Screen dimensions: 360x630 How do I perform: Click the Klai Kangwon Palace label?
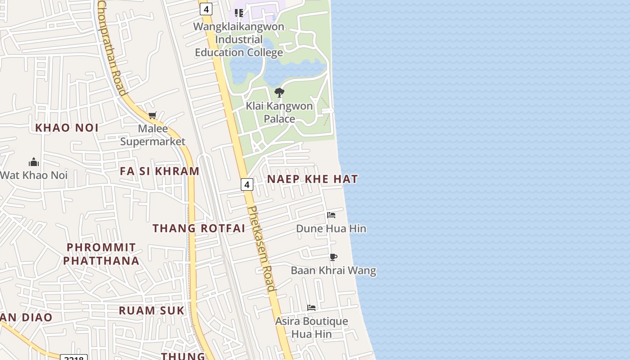(x=279, y=112)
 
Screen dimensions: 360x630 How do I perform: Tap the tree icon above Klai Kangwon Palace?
(x=279, y=93)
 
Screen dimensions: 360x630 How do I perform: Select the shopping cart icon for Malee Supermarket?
(x=153, y=116)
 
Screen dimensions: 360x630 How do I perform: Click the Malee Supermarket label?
(x=153, y=135)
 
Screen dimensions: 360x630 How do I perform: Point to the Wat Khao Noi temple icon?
(x=34, y=162)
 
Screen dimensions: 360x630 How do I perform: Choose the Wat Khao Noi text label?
(x=34, y=175)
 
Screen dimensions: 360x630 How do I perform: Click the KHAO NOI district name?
(x=67, y=128)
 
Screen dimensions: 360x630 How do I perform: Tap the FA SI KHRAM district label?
(x=159, y=171)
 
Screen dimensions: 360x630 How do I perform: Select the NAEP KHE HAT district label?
(x=312, y=179)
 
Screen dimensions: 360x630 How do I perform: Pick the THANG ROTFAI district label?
(x=198, y=228)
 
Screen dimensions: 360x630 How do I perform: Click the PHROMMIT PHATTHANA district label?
(x=101, y=254)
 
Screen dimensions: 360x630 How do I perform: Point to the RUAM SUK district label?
(x=152, y=310)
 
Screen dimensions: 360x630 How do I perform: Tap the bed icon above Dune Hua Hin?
(x=331, y=215)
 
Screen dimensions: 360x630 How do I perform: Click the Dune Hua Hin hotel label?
(x=331, y=229)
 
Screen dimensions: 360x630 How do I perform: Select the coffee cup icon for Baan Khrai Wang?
(x=333, y=257)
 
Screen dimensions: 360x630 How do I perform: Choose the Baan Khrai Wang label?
(x=333, y=270)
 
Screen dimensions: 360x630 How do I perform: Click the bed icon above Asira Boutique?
(x=311, y=308)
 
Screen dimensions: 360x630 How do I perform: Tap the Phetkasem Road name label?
(x=261, y=249)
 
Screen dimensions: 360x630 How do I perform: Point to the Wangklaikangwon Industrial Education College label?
(x=239, y=40)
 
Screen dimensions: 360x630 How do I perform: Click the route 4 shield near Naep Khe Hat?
(x=247, y=184)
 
